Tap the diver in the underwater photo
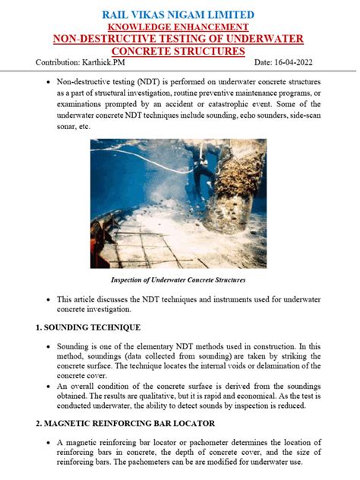point(203,163)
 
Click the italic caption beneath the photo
point(179,280)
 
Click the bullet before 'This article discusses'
point(49,299)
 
